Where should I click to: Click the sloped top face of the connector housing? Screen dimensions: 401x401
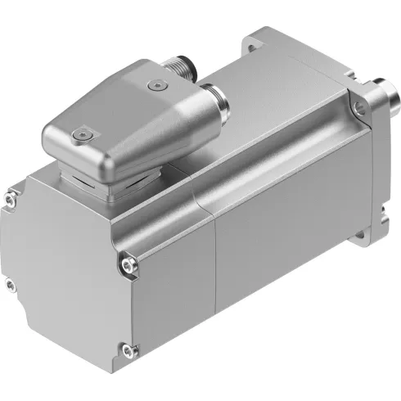tap(115, 98)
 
